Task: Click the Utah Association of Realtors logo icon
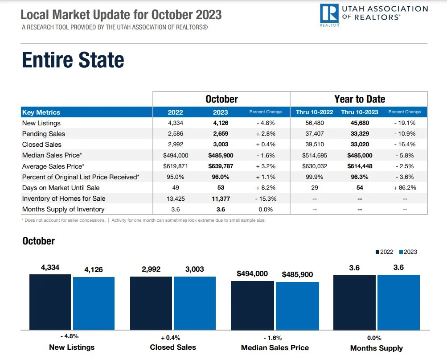(329, 14)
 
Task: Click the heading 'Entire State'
(73, 60)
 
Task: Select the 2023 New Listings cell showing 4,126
(220, 123)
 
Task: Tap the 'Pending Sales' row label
(44, 134)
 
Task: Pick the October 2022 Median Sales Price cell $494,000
(176, 155)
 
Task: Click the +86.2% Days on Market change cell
(405, 188)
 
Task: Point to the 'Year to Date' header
(360, 99)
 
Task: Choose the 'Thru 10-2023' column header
(359, 112)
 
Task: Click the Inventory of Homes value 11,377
(220, 199)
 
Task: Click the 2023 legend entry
(408, 252)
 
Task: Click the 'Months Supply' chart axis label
(376, 348)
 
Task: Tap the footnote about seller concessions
(64, 220)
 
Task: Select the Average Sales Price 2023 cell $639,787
(220, 166)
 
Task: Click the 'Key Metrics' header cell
(41, 112)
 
